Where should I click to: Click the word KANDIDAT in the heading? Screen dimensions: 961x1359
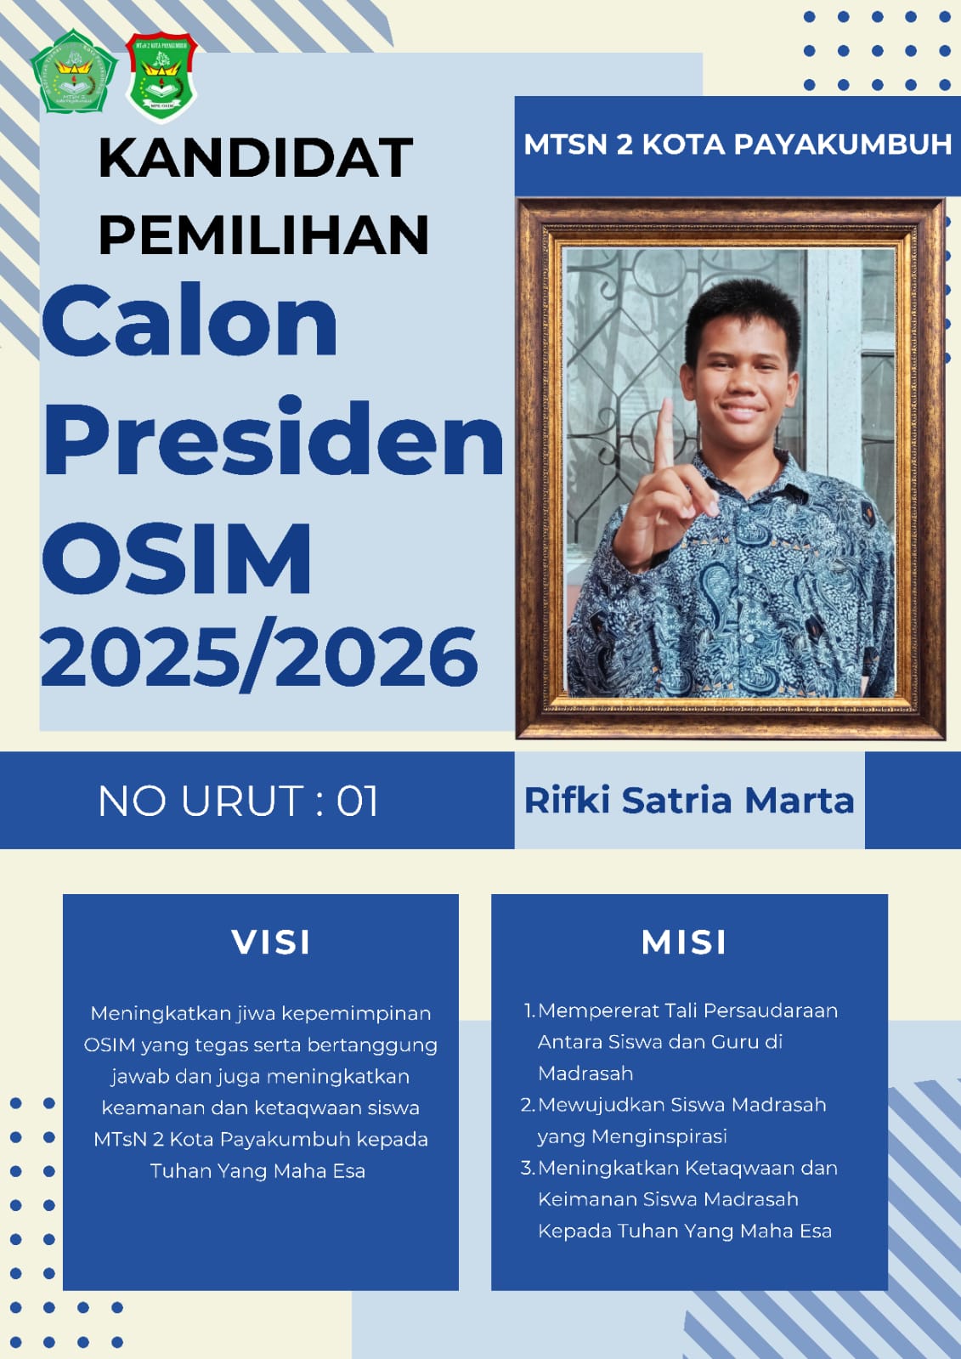(x=256, y=158)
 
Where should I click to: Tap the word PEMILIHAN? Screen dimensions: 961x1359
(x=264, y=235)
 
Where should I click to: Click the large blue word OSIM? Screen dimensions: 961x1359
(x=177, y=558)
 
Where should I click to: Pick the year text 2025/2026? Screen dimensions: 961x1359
(x=260, y=656)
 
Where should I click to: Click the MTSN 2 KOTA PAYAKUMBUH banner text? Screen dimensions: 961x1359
(x=738, y=144)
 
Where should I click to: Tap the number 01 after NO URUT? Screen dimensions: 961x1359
(x=358, y=801)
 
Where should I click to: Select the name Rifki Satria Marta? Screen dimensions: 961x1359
(x=689, y=800)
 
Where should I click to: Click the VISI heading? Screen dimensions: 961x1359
(x=271, y=943)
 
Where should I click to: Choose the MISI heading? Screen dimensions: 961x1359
(x=684, y=943)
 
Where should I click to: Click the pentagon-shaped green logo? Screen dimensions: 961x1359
(x=74, y=71)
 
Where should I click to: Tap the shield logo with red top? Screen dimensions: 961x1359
(x=161, y=76)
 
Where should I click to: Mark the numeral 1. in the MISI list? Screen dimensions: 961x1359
(x=529, y=1011)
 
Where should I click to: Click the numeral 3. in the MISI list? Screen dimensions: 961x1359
(x=528, y=1168)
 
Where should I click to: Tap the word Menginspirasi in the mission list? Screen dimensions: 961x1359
(x=659, y=1137)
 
